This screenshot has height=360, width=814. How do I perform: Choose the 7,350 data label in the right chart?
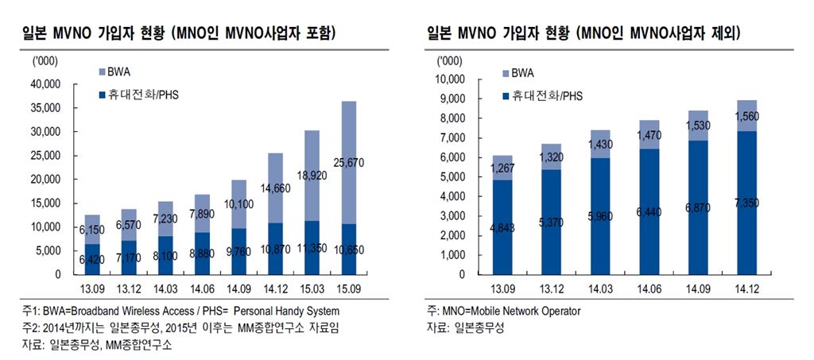point(746,203)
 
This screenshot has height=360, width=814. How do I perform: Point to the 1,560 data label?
point(746,116)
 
